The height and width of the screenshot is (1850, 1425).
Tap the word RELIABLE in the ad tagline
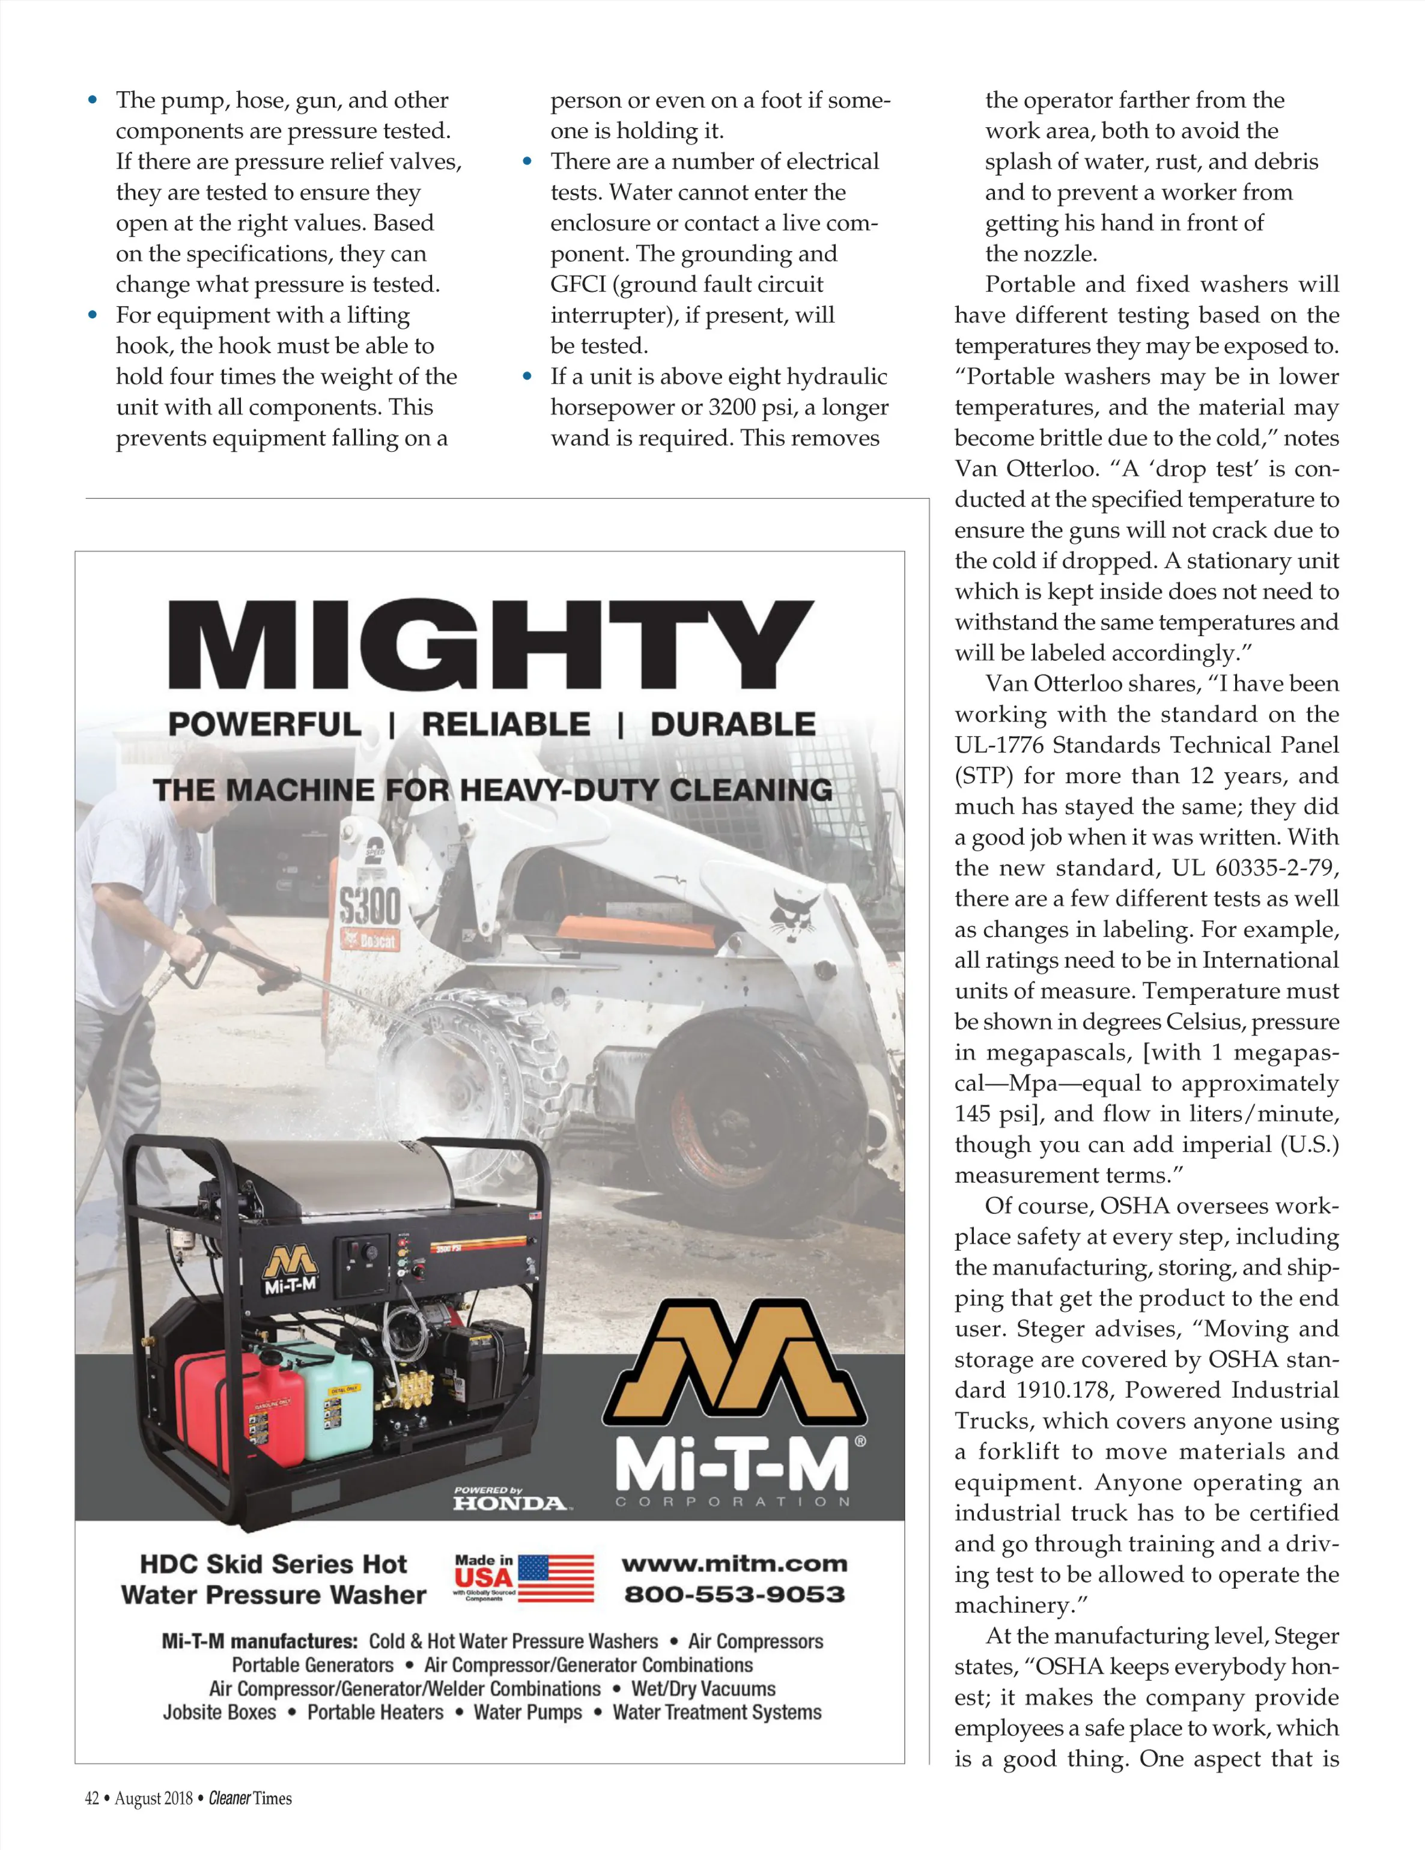pyautogui.click(x=506, y=724)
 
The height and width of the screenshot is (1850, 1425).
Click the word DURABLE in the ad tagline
pyautogui.click(x=733, y=724)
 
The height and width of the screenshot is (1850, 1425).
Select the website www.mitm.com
pyautogui.click(x=734, y=1563)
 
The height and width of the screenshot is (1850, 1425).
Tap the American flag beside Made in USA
pyautogui.click(x=556, y=1578)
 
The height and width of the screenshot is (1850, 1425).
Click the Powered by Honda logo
pyautogui.click(x=509, y=1499)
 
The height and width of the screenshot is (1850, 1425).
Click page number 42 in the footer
pyautogui.click(x=91, y=1798)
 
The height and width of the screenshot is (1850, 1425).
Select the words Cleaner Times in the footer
pyautogui.click(x=250, y=1798)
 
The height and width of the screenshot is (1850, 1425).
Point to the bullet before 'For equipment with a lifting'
pyautogui.click(x=93, y=315)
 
